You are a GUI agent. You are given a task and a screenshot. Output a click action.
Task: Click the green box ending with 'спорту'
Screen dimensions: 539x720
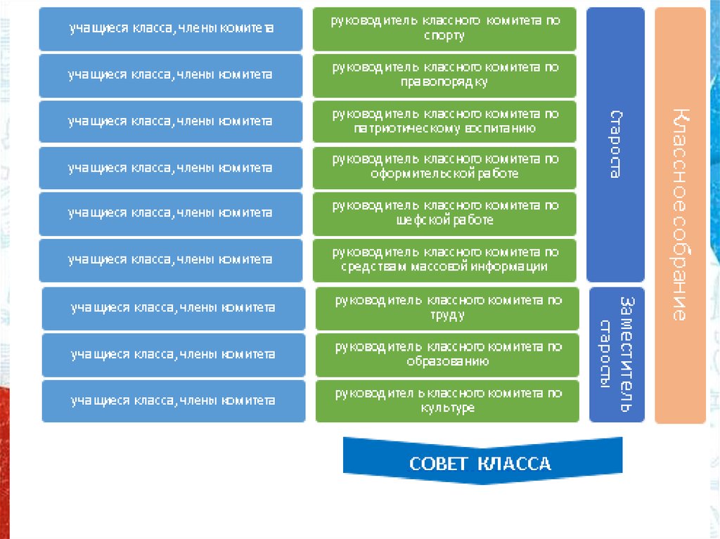click(x=444, y=29)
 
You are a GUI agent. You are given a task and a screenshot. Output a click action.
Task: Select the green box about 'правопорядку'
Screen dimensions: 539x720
click(x=444, y=75)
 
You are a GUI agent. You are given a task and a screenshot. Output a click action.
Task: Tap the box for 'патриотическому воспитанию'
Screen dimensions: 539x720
click(x=444, y=122)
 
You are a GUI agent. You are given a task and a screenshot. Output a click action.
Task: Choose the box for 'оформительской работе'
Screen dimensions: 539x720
click(x=444, y=167)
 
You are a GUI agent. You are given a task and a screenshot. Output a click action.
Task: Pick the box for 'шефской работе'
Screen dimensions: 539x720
click(x=444, y=214)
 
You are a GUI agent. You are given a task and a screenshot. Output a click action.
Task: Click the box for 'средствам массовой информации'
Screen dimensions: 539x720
click(x=444, y=260)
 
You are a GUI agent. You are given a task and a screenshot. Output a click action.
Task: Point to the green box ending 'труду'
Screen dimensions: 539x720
click(x=447, y=309)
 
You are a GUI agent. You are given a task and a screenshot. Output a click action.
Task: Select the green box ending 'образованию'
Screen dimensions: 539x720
click(x=447, y=355)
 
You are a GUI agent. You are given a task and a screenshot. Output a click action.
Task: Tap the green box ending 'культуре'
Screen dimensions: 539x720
click(x=447, y=401)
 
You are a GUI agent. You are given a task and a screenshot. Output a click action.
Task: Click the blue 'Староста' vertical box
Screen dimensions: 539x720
click(x=615, y=144)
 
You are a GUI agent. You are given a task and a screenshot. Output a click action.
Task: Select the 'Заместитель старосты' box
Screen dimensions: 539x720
click(x=616, y=354)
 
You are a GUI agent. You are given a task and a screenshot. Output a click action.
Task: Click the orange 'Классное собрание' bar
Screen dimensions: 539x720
click(x=679, y=215)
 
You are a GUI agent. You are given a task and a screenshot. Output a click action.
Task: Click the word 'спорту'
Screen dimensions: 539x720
click(x=444, y=36)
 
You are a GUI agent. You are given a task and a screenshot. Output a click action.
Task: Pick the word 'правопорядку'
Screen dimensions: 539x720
click(x=444, y=82)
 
